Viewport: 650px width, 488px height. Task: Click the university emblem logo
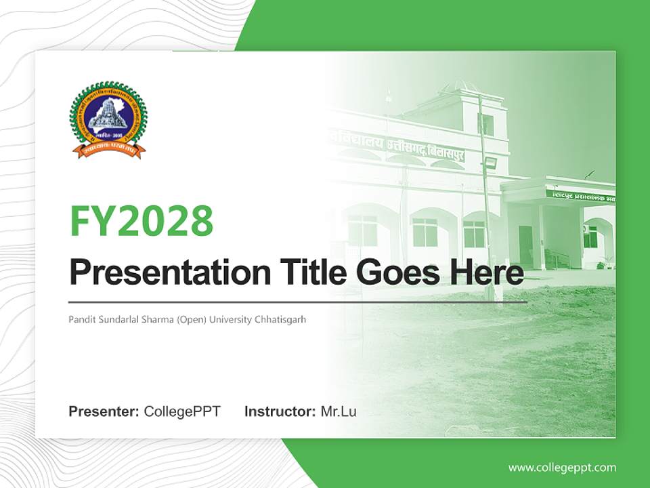(108, 121)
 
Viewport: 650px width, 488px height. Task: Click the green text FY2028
(142, 221)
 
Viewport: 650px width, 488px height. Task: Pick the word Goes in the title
(395, 272)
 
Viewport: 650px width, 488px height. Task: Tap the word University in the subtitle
(229, 319)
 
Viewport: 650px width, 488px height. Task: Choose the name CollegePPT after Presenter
(182, 411)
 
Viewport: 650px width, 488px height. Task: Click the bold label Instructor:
(280, 411)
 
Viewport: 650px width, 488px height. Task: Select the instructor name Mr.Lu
(339, 411)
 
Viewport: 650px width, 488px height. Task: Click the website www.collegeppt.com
(562, 468)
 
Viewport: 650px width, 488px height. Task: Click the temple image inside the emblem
(108, 113)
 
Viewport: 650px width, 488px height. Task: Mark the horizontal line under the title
(298, 302)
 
